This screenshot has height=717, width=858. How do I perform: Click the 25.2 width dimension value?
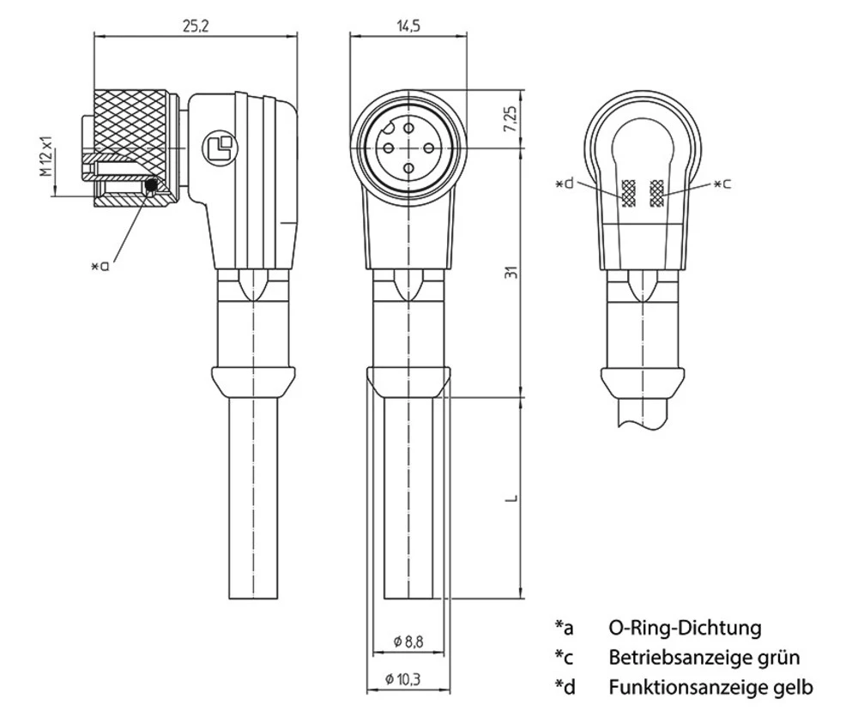tap(194, 25)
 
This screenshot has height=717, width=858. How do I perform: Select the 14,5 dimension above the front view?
tap(408, 25)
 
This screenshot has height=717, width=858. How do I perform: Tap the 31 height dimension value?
tap(511, 273)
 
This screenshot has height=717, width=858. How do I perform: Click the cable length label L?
tap(511, 498)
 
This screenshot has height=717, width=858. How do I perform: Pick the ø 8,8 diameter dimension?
tap(408, 641)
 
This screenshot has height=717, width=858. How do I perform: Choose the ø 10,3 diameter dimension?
tap(408, 679)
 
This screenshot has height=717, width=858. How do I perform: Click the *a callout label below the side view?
tap(100, 266)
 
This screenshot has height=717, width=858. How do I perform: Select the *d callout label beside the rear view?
tap(565, 184)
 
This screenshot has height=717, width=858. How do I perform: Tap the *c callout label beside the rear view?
tap(722, 184)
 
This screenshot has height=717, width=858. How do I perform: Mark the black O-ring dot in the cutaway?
tap(152, 184)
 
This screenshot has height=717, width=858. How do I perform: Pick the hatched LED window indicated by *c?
tap(658, 194)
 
